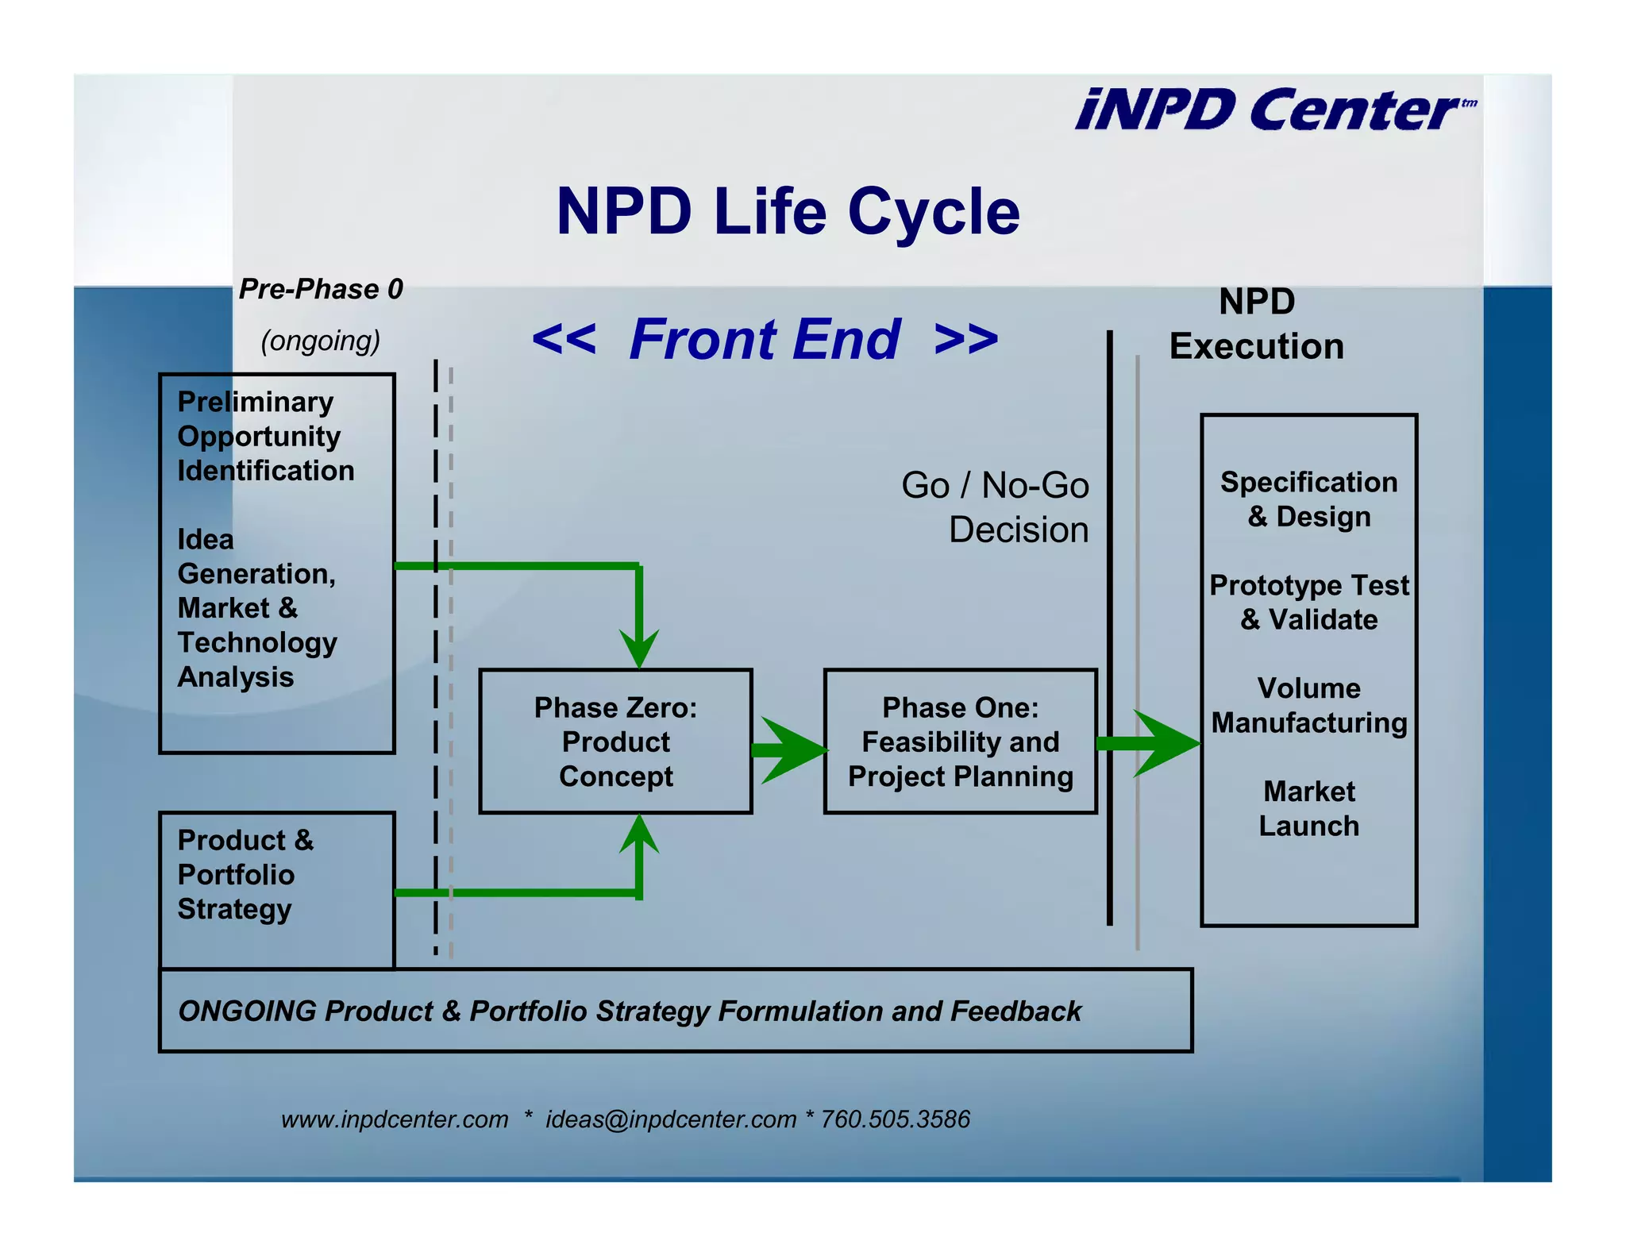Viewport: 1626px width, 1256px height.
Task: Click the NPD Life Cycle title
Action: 788,211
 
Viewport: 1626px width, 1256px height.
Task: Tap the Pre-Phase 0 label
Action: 321,289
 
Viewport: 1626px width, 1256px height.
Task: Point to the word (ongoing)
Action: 321,341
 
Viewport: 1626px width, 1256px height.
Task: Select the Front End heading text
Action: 765,339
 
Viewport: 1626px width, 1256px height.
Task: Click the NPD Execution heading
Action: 1257,324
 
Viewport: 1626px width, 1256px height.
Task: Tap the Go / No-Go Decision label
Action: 996,507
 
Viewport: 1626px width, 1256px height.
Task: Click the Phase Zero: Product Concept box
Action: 615,742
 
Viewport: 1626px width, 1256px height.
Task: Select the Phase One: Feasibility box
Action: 960,742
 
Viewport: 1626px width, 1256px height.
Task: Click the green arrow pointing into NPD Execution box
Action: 1151,744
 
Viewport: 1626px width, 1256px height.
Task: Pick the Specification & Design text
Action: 1308,499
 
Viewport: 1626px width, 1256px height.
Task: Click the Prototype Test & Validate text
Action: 1308,603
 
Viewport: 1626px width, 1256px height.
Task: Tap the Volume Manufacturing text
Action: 1308,705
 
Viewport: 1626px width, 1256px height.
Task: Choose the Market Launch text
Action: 1308,808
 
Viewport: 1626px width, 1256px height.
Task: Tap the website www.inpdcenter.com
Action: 395,1119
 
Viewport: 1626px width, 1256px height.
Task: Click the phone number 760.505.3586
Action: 895,1119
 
